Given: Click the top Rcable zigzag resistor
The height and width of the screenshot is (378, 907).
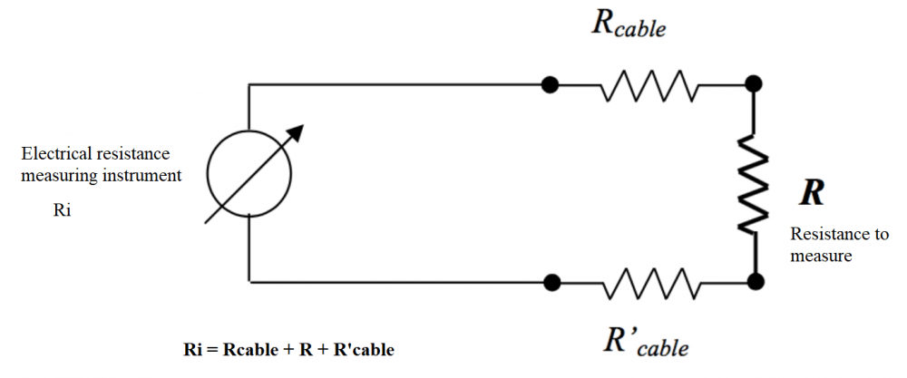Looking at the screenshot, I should click(x=649, y=86).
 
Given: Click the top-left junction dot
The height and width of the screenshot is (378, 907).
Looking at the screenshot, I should click(x=549, y=84).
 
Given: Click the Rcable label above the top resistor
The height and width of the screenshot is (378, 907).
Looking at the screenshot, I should click(x=629, y=24).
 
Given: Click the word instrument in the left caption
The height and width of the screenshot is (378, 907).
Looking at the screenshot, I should click(x=144, y=174).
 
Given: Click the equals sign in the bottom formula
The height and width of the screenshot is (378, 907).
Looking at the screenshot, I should click(x=212, y=349).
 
